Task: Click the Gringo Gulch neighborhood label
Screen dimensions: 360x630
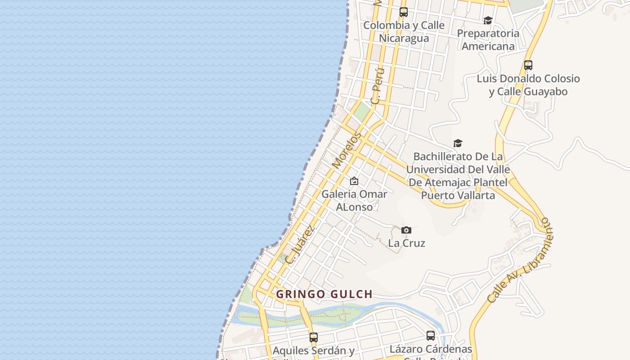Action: click(324, 294)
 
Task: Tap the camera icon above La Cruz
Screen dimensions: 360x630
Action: click(406, 230)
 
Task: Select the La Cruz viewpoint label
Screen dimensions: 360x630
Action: click(406, 243)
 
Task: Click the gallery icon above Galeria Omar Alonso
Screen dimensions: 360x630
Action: click(354, 181)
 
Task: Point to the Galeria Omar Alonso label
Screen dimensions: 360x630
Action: click(354, 200)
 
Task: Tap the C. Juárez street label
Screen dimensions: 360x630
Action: click(300, 244)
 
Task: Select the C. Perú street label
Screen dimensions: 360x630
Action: click(378, 85)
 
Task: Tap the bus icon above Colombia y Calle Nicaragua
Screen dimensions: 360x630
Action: click(404, 12)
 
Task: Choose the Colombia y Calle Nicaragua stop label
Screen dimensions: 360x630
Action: click(404, 31)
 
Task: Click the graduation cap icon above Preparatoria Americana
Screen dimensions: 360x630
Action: click(488, 20)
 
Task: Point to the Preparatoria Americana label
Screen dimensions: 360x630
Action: click(488, 40)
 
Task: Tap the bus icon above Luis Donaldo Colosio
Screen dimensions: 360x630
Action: click(528, 65)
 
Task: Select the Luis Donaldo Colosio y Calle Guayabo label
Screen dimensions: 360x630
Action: click(528, 85)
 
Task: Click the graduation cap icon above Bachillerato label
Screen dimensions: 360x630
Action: click(458, 144)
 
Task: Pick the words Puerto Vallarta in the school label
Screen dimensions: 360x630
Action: click(458, 195)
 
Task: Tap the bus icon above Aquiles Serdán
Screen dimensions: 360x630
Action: click(314, 337)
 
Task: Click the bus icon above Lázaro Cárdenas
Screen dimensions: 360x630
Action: click(431, 336)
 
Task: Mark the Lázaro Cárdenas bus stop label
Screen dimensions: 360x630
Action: click(431, 349)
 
